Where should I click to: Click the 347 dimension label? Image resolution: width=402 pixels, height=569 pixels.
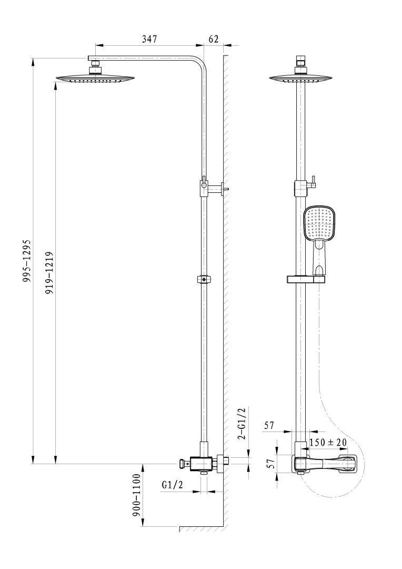149,38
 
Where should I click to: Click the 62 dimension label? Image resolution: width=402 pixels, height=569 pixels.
214,38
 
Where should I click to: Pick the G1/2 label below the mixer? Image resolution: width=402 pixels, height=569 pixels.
172,485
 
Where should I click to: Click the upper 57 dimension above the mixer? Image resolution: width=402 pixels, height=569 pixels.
269,426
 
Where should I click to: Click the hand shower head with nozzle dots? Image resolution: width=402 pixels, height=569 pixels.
319,222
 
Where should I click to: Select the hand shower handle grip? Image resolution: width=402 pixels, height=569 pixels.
320,258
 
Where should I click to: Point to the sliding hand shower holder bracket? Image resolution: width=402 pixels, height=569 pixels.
305,279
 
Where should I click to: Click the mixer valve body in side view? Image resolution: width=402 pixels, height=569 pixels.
202,464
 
